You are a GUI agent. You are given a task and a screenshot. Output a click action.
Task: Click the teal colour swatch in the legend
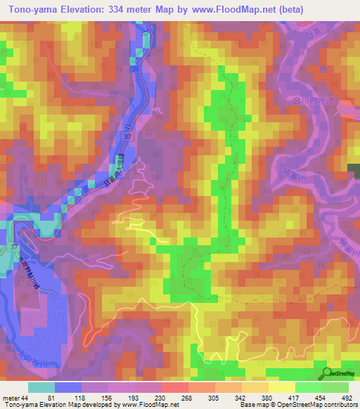point(41,387)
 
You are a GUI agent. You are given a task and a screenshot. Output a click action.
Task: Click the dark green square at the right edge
point(354,168)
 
